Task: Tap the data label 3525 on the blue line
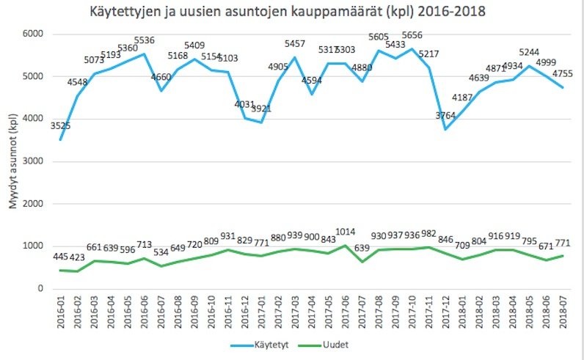tap(60, 125)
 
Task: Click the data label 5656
tap(412, 42)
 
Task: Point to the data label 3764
tap(444, 116)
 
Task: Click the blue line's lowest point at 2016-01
tap(60, 139)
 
